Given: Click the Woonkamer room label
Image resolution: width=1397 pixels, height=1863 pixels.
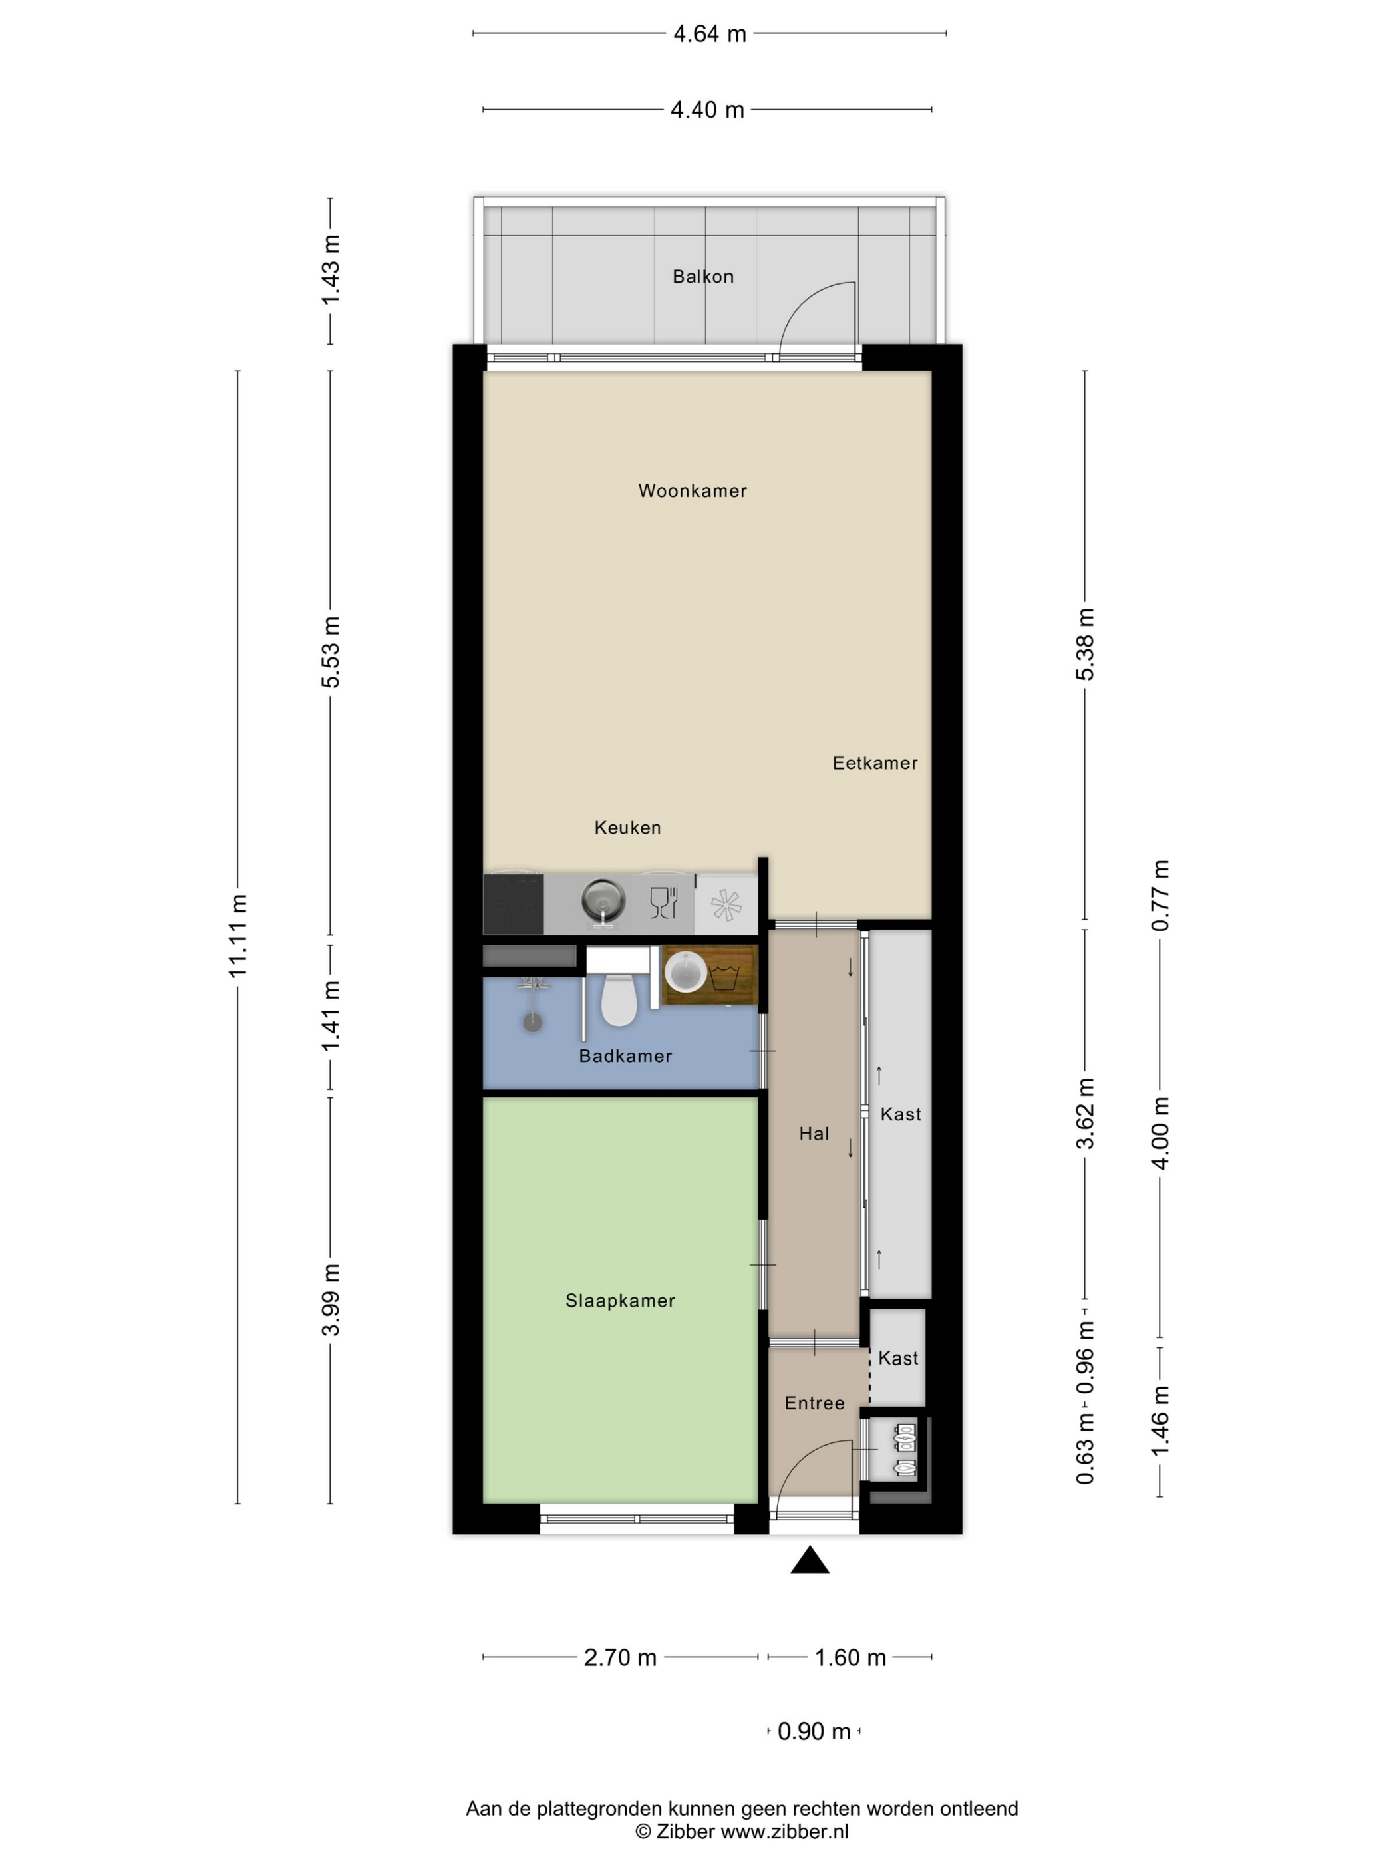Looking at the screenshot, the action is (693, 491).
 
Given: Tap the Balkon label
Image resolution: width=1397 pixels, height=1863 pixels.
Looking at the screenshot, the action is (703, 276).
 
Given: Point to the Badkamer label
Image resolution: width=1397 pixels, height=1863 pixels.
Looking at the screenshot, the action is (625, 1055).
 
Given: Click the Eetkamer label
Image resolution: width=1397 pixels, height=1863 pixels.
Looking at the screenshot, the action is (875, 763).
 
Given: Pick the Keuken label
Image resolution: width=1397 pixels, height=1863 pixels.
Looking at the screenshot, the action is (627, 828).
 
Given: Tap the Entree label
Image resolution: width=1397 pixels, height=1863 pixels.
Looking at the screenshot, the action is (814, 1403).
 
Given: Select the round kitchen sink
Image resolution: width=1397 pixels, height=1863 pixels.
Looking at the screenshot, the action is (604, 900).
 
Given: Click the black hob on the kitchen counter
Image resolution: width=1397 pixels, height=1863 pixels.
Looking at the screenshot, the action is (513, 904).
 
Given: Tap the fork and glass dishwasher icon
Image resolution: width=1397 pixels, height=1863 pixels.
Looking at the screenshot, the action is (663, 902).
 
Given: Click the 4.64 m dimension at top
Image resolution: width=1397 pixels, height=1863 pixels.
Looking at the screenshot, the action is (709, 34).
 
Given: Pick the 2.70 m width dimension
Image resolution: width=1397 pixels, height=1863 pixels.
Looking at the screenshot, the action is (620, 1657).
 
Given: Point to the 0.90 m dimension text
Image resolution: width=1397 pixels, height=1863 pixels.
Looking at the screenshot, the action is (814, 1732).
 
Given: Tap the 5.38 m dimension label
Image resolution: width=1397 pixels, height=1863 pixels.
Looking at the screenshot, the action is (1086, 644).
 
